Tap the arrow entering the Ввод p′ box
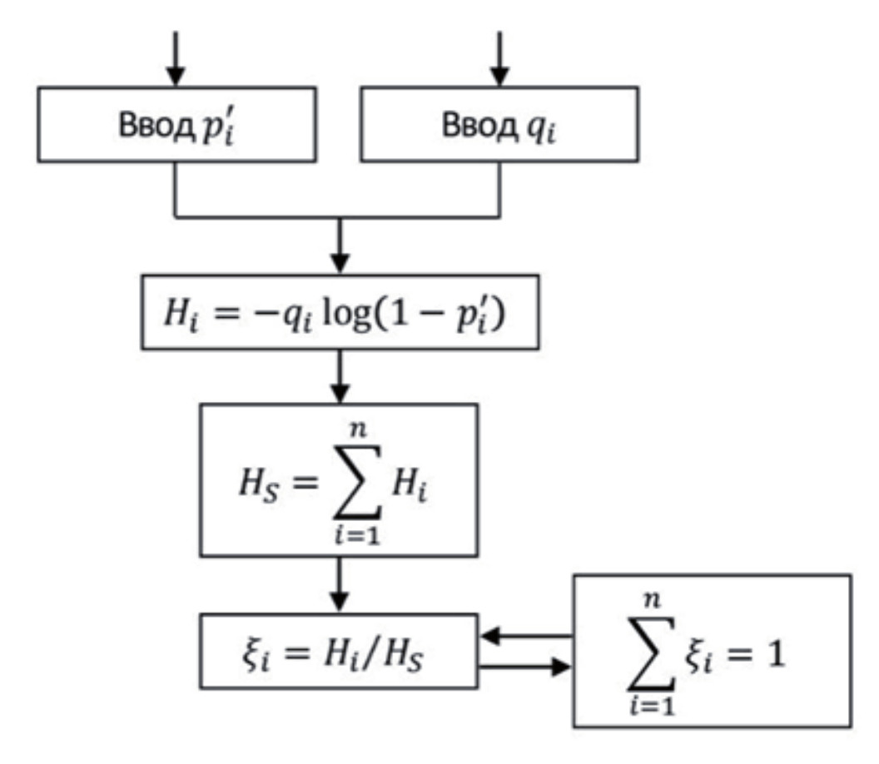click(x=175, y=58)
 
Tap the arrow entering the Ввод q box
click(x=499, y=58)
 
